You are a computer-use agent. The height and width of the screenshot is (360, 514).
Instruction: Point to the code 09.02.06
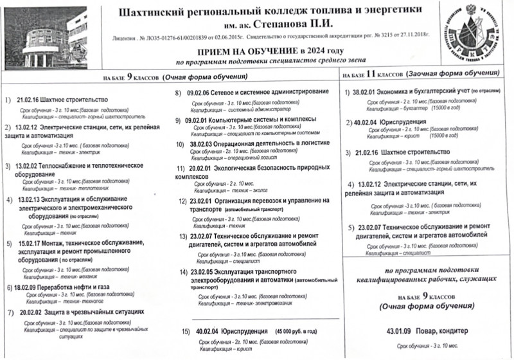(x=200, y=94)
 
